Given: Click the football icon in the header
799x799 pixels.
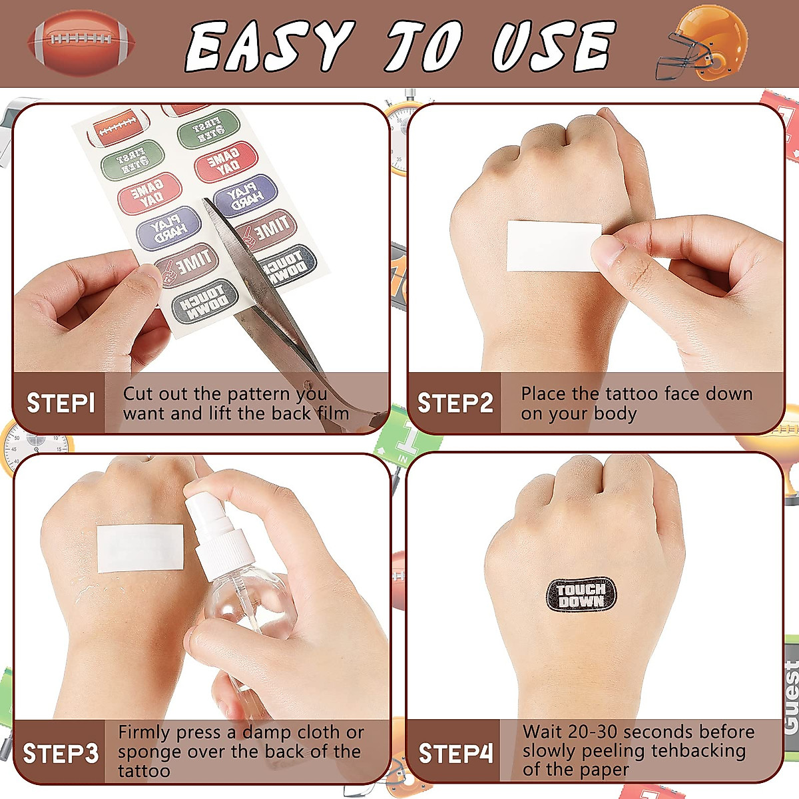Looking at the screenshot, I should tap(81, 43).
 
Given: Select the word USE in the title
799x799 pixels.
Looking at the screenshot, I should tap(552, 46).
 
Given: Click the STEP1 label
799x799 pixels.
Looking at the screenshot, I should tap(61, 403).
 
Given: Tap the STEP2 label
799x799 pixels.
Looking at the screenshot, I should tap(455, 403).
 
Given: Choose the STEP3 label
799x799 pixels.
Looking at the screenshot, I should tap(61, 754).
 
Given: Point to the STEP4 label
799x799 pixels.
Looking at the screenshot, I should tap(455, 754).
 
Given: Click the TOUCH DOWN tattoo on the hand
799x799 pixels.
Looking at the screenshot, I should tap(581, 595).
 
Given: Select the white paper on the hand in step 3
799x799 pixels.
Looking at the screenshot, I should tap(140, 548).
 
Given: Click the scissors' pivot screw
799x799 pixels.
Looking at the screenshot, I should tap(307, 384).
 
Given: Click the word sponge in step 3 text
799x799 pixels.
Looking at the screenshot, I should tap(148, 752).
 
